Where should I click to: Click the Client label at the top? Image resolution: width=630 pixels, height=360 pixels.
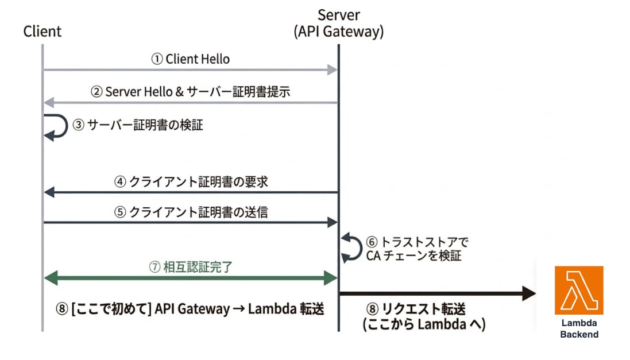point(42,31)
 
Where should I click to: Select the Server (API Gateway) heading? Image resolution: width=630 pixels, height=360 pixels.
point(338,24)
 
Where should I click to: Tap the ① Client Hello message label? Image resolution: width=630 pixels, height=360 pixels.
point(190,59)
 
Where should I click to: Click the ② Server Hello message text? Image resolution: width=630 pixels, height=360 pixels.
point(190,92)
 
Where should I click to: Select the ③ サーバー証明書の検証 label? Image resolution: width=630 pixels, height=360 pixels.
point(137,125)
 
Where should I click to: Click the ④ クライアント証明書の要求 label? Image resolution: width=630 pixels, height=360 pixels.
point(190,181)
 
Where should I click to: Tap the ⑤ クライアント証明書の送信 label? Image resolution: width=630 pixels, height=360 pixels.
point(190,211)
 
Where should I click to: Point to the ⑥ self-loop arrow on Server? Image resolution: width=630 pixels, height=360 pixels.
point(350,247)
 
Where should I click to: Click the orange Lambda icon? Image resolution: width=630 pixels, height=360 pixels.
point(578,290)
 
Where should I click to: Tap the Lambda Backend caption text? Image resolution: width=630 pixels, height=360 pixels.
point(579,328)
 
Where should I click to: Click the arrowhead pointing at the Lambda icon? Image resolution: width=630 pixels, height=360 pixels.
point(528,293)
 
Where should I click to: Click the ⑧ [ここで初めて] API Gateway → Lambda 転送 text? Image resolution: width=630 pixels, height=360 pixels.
point(190,309)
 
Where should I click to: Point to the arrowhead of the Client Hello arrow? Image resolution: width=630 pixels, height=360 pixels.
point(332,70)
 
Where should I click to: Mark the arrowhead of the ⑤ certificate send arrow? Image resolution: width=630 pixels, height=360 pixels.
point(332,222)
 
